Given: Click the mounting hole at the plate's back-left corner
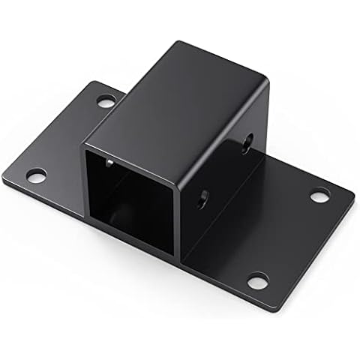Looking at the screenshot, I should [106, 100].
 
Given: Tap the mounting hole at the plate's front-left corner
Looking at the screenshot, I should [36, 175].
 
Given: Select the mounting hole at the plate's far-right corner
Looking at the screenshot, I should [320, 195].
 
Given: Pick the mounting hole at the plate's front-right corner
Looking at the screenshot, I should [257, 280].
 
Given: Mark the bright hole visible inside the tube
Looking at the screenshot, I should [109, 161].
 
